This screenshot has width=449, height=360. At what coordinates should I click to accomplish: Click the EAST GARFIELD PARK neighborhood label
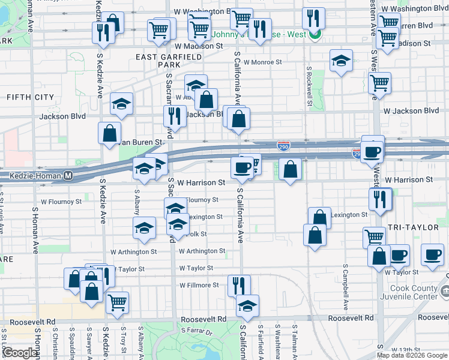(x=167, y=60)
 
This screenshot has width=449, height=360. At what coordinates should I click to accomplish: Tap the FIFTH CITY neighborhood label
(x=30, y=97)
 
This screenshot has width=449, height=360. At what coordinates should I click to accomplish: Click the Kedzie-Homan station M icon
(x=68, y=176)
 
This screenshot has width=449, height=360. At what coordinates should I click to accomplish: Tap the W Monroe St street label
(x=262, y=62)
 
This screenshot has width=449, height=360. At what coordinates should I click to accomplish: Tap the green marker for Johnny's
(x=315, y=34)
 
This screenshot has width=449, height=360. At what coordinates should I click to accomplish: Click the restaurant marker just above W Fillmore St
(x=239, y=285)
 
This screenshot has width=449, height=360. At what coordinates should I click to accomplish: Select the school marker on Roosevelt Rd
(x=247, y=305)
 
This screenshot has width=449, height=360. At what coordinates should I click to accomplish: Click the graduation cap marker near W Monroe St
(x=341, y=61)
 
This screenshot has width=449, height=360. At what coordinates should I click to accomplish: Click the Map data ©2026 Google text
(x=412, y=355)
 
